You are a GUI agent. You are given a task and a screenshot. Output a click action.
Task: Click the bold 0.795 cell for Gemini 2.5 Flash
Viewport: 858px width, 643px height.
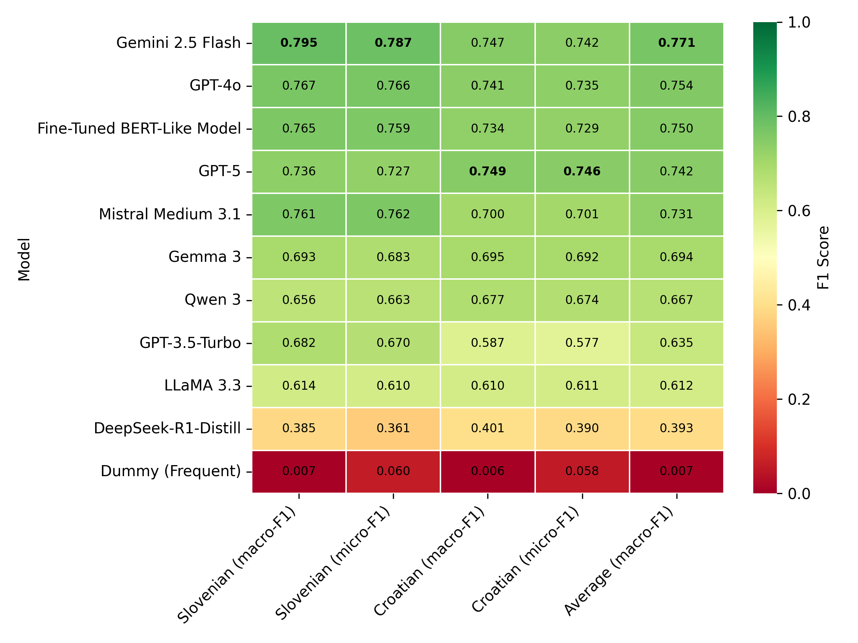pyautogui.click(x=299, y=43)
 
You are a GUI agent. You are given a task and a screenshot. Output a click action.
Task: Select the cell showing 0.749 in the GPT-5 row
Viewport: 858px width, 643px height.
pyautogui.click(x=488, y=171)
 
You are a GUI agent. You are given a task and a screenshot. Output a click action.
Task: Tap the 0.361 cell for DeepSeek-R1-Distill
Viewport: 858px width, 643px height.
pyautogui.click(x=393, y=428)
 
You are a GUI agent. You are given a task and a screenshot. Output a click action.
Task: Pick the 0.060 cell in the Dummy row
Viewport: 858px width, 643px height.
pyautogui.click(x=393, y=471)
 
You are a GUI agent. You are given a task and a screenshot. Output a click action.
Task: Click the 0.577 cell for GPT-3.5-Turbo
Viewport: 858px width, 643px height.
pyautogui.click(x=582, y=343)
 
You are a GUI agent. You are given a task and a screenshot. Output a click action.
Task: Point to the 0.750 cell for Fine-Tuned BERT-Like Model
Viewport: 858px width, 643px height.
pyautogui.click(x=676, y=128)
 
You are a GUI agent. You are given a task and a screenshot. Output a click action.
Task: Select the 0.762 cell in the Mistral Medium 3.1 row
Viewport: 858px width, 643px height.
pyautogui.click(x=393, y=214)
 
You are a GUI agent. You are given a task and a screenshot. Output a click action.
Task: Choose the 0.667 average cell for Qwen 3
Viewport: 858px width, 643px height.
pyautogui.click(x=676, y=300)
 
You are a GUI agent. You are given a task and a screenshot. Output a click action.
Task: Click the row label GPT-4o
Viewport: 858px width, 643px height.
pyautogui.click(x=215, y=85)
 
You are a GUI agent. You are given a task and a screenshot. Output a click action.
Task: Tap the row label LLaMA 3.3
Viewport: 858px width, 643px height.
pyautogui.click(x=202, y=385)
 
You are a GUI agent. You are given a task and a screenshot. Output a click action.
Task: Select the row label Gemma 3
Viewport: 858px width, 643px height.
pyautogui.click(x=204, y=257)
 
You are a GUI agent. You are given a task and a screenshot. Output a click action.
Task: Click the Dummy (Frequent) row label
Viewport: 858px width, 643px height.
pyautogui.click(x=171, y=471)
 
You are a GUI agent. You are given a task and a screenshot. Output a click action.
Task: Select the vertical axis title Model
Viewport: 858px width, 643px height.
pyautogui.click(x=24, y=259)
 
